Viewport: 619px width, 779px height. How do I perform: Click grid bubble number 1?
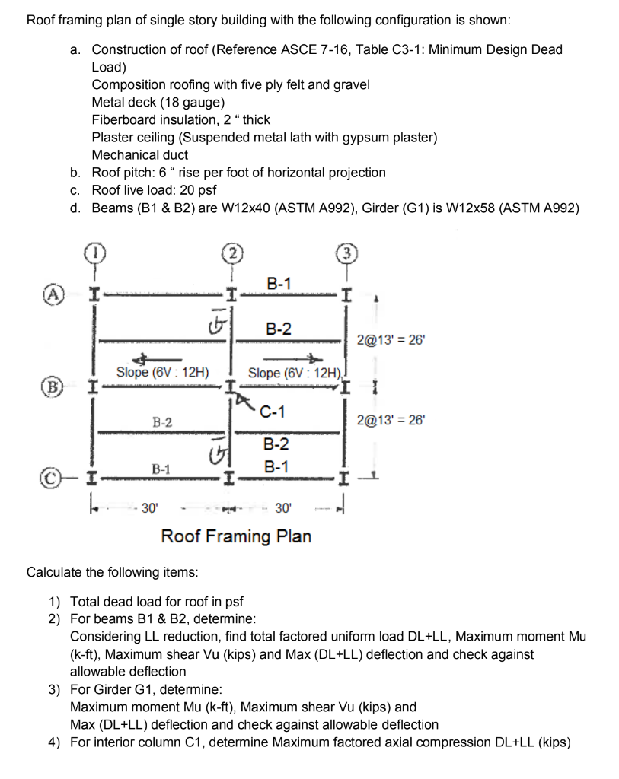click(x=93, y=252)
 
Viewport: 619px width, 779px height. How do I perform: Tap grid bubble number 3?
click(x=346, y=253)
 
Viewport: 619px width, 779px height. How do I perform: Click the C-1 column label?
click(x=272, y=412)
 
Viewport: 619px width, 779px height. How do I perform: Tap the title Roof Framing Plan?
click(x=236, y=536)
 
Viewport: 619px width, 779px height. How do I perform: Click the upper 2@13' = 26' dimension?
click(x=391, y=340)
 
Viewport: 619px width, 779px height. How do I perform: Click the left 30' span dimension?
click(x=148, y=507)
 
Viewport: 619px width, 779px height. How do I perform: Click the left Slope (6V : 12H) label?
click(x=163, y=372)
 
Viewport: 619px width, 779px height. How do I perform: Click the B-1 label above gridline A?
click(x=279, y=283)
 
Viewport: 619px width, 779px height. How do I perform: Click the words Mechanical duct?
click(x=140, y=155)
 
